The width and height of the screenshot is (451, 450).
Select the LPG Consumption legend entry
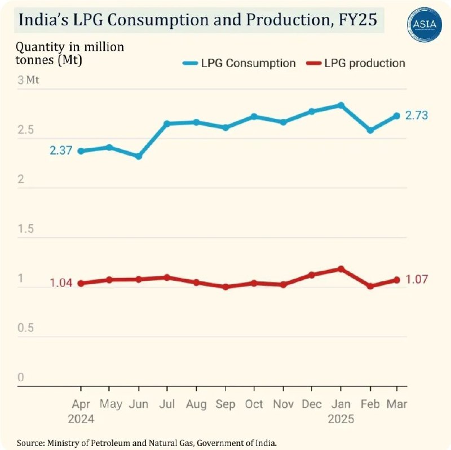pos(239,63)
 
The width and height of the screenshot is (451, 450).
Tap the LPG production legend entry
pos(357,63)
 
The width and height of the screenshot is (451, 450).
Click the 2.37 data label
pos(61,151)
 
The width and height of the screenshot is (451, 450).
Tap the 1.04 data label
pos(61,283)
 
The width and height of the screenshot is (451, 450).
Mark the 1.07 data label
pos(417,279)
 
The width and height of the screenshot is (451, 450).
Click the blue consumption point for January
pos(341,105)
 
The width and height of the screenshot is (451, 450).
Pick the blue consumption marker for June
pos(139,156)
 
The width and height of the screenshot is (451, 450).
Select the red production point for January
pos(341,268)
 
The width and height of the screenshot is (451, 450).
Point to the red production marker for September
pos(225,286)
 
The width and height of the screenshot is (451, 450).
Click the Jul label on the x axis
pos(167,404)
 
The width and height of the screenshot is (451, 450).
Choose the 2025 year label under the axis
pos(341,420)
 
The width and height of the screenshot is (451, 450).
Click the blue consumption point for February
pos(370,130)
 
